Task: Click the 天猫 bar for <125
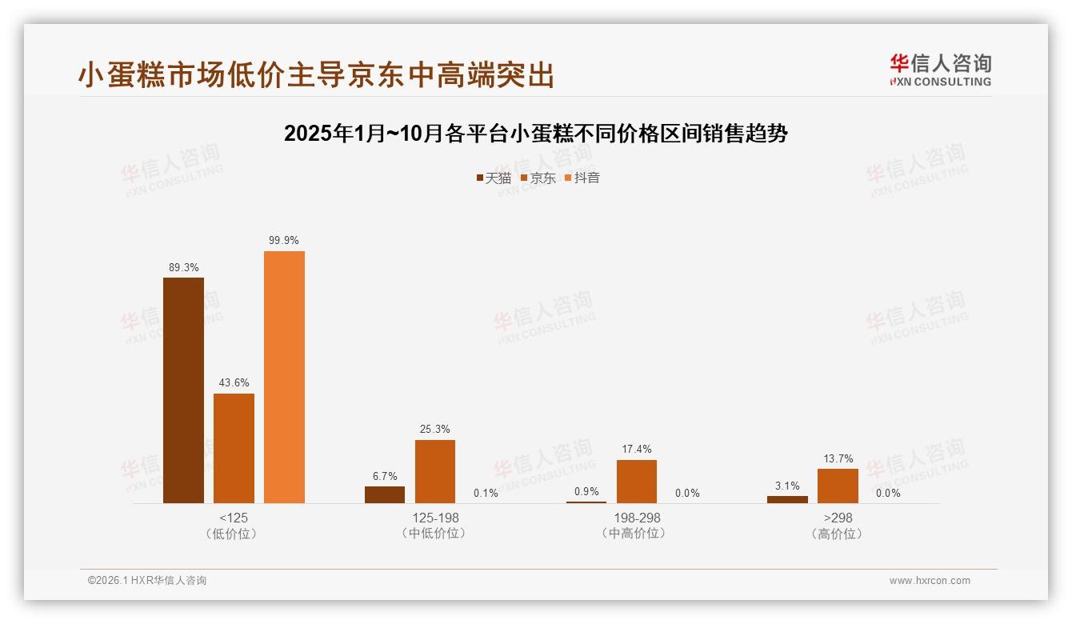pos(183,390)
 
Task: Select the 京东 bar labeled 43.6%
pos(234,448)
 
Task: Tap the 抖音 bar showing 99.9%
pos(284,377)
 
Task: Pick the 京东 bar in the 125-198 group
pos(434,471)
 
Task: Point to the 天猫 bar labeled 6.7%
pos(385,494)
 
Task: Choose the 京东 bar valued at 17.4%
pos(636,482)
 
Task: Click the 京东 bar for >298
pos(838,486)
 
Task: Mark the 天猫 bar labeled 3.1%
pos(787,499)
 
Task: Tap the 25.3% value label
pos(434,430)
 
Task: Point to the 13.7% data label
pos(838,459)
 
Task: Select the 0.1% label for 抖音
pos(486,493)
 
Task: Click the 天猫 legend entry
pos(494,178)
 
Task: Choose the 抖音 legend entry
pos(582,178)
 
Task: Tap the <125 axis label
pos(234,518)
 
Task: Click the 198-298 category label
pos(637,518)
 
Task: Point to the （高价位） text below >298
pos(838,534)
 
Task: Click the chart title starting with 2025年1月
pos(535,133)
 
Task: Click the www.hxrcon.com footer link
pos(930,581)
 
